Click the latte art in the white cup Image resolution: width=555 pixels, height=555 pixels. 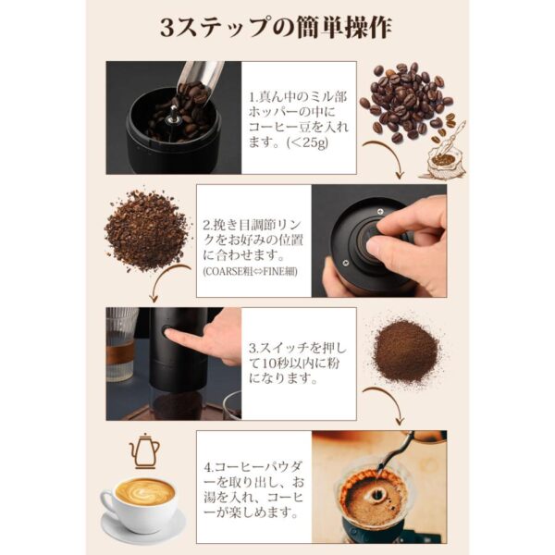[x=144, y=490]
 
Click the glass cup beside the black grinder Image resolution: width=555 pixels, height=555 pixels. [x=120, y=341]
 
